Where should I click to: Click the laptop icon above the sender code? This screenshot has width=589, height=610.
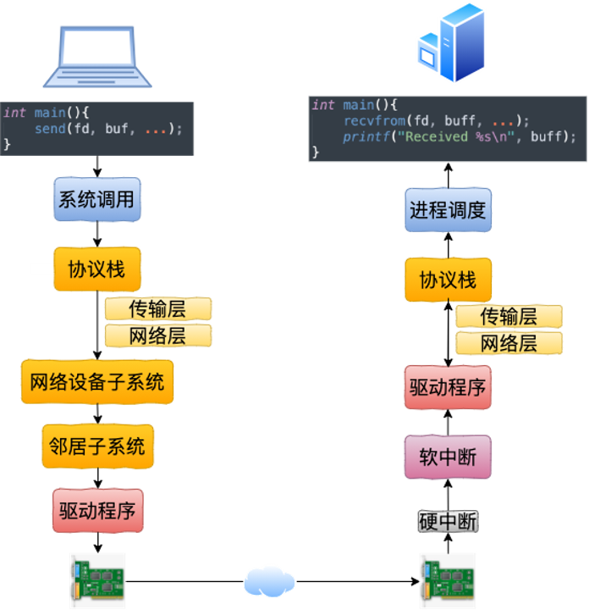click(x=97, y=58)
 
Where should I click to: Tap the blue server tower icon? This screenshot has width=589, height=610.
click(x=450, y=42)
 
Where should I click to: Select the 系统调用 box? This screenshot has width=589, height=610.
click(x=96, y=201)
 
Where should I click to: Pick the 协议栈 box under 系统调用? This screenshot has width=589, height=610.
click(x=96, y=269)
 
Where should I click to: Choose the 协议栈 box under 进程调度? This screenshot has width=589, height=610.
click(x=448, y=280)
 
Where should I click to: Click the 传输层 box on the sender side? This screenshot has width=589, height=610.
click(x=157, y=308)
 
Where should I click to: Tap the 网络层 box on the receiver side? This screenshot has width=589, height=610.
click(x=509, y=343)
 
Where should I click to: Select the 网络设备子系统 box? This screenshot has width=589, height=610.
click(x=96, y=381)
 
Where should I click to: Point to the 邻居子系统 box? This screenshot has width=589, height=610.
click(x=97, y=446)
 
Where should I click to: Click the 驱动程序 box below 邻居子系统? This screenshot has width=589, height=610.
click(x=97, y=512)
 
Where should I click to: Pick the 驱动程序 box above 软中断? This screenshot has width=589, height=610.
click(x=448, y=388)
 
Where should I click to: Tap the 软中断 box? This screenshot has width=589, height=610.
click(x=448, y=457)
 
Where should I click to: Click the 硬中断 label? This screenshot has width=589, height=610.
click(x=448, y=522)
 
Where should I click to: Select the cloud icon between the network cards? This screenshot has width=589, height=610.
click(x=269, y=581)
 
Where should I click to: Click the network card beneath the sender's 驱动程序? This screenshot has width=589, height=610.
click(x=97, y=581)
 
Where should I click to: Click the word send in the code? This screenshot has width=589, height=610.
click(x=50, y=129)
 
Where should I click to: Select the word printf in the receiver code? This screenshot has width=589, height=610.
click(x=363, y=136)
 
